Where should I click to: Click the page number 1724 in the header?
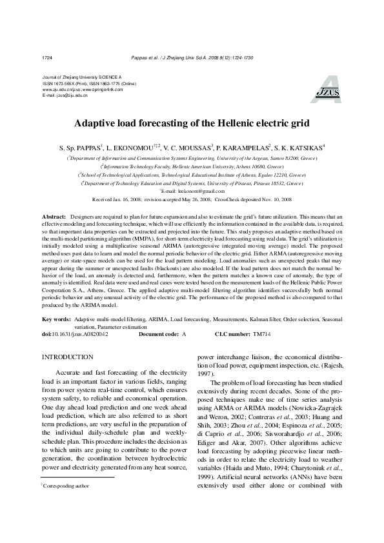click(x=46, y=57)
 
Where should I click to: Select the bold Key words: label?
click(x=57, y=319)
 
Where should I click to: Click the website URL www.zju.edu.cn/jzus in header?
click(x=60, y=89)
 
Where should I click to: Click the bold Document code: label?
click(x=159, y=334)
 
